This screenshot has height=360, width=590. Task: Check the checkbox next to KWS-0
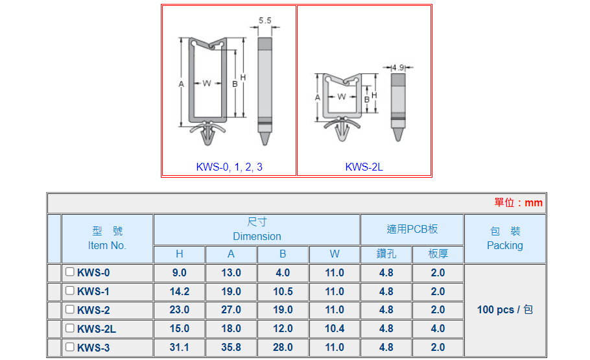point(69,272)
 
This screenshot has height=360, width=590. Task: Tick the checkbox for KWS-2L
point(69,328)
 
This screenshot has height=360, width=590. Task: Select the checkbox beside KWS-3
point(69,346)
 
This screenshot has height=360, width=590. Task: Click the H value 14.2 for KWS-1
point(179,291)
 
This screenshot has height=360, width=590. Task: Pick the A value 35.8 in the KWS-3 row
point(231,347)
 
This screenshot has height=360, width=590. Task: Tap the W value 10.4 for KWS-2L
point(335,329)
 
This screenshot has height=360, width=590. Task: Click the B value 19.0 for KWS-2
point(283,310)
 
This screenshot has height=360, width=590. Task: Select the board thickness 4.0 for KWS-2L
point(438,329)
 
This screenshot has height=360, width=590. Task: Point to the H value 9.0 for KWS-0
point(179,272)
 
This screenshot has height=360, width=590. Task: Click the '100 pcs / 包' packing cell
point(505,310)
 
